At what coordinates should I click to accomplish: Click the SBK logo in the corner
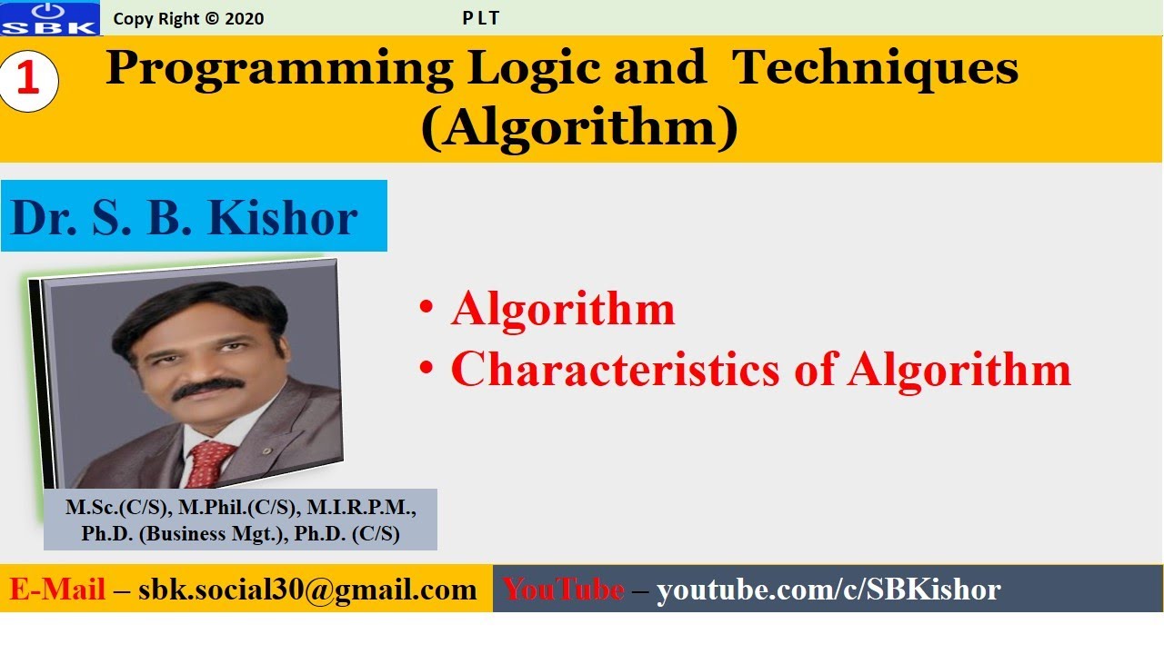tap(50, 18)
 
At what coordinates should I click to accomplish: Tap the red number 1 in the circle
tap(28, 81)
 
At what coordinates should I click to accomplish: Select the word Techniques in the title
tap(876, 69)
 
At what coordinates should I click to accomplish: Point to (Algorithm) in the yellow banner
tap(579, 129)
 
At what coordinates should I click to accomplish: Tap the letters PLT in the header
tap(480, 18)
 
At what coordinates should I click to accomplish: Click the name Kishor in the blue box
tap(283, 218)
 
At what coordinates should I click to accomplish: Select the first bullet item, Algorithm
tap(563, 310)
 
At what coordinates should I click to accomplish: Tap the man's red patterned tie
tap(212, 463)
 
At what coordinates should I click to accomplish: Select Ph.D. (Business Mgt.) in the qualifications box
tap(182, 534)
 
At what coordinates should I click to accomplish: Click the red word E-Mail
tap(57, 590)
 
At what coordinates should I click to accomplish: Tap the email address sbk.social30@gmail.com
tap(307, 590)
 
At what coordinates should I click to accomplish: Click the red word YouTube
tap(564, 590)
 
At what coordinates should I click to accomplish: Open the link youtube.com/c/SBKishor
tap(828, 590)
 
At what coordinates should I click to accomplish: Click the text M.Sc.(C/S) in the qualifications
tap(107, 507)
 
